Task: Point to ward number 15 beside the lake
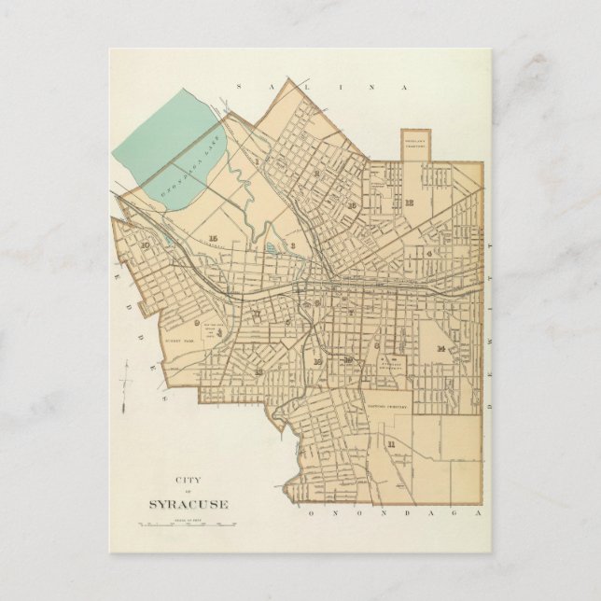point(214,238)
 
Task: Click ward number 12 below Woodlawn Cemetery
point(409,202)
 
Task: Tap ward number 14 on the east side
point(439,348)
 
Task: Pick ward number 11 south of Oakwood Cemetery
point(391,443)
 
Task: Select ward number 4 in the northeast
point(428,252)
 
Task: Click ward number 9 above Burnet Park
point(197,323)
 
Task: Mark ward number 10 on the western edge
point(145,245)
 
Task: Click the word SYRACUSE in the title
point(188,505)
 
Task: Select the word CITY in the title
point(187,481)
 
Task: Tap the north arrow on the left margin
point(126,384)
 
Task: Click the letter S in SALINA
point(239,86)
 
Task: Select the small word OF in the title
point(187,493)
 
